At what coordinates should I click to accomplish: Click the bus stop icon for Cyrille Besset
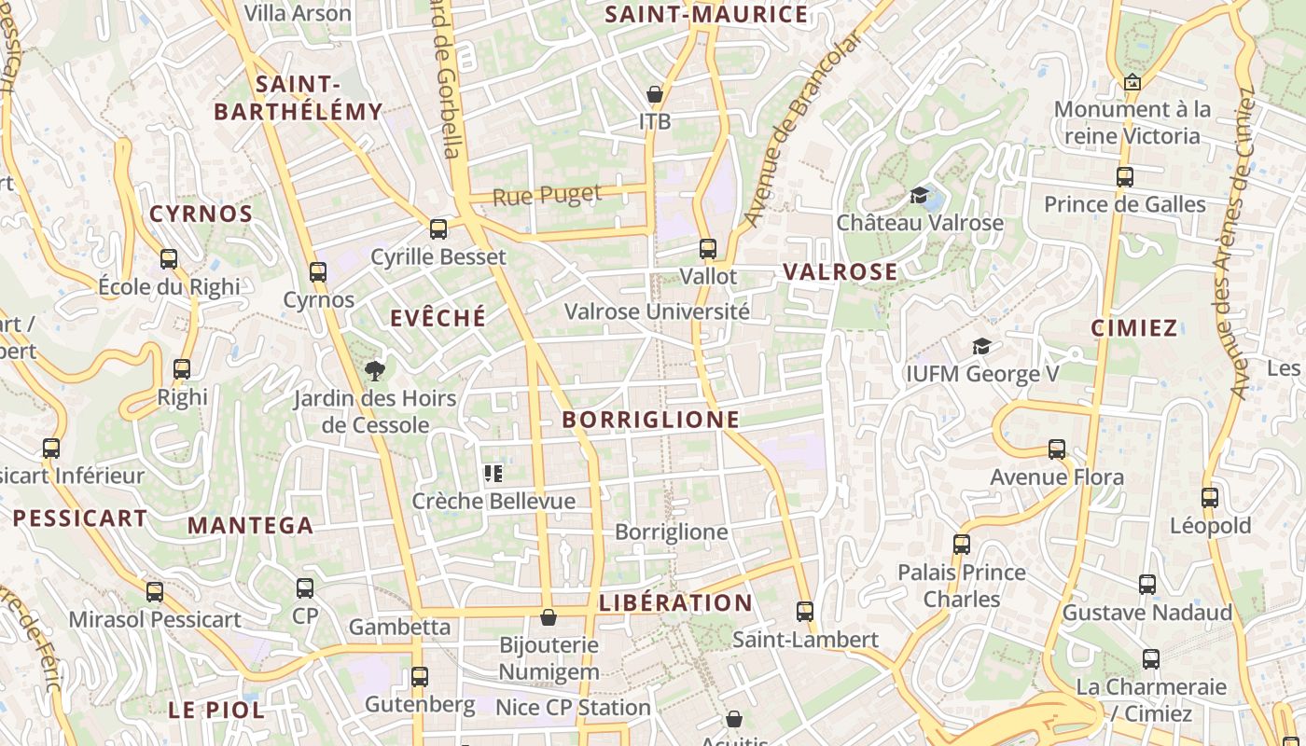point(438,228)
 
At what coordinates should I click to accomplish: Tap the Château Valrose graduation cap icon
point(920,196)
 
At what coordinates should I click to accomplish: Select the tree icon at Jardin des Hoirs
point(375,371)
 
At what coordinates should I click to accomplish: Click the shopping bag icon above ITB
point(655,94)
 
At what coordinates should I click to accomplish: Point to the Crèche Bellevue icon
point(493,474)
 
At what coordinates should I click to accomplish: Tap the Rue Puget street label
point(547,195)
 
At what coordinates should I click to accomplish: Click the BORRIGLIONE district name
point(650,420)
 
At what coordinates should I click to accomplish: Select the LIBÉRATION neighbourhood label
point(675,602)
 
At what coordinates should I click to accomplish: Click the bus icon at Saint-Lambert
point(805,612)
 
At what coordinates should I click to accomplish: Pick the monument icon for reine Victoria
point(1132,82)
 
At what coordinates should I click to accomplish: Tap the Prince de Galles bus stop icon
point(1125,176)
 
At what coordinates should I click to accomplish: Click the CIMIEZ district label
point(1133,328)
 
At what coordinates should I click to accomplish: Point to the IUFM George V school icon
point(981,347)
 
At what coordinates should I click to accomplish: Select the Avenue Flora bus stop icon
point(1057,449)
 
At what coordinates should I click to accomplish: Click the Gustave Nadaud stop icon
point(1147,585)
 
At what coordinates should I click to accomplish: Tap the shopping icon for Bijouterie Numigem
point(549,617)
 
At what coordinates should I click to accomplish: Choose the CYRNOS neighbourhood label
point(201,214)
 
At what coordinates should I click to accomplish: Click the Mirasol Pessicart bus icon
point(155,591)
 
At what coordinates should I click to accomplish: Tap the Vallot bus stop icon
point(708,249)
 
